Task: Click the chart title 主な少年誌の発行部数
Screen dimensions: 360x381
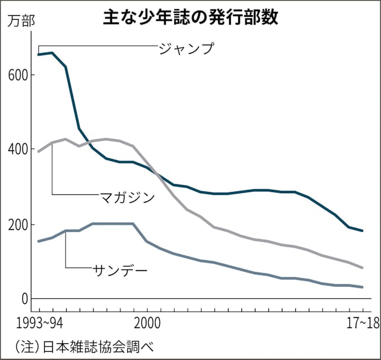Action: click(x=190, y=16)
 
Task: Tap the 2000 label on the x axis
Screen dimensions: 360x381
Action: click(x=147, y=324)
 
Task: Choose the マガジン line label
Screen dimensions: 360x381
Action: click(x=127, y=197)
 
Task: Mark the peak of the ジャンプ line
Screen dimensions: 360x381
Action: click(x=52, y=53)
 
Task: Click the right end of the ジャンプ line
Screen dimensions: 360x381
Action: click(x=363, y=231)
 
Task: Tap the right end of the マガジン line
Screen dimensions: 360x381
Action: click(x=363, y=268)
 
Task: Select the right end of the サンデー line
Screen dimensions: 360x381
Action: click(x=363, y=287)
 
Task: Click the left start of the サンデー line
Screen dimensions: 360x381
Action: click(x=38, y=241)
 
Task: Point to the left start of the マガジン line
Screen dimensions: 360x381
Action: click(x=38, y=151)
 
